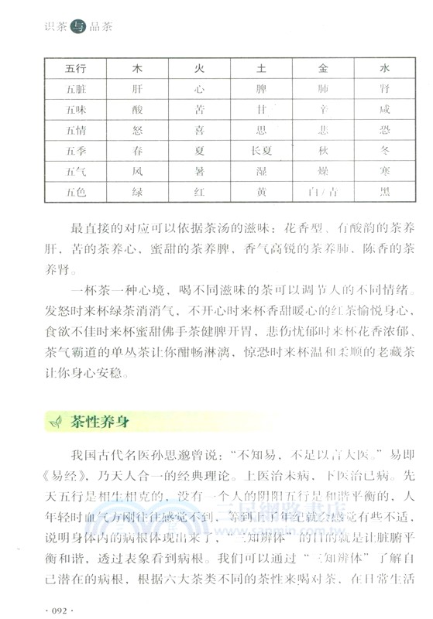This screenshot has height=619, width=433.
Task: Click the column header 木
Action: point(136,68)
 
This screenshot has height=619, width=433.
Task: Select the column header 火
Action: point(199,68)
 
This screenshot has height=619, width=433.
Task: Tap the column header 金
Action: point(324,68)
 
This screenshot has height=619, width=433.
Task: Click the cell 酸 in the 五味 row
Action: point(136,109)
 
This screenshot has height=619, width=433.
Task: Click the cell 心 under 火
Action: point(199,89)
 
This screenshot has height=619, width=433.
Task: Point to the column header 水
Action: point(384,68)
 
